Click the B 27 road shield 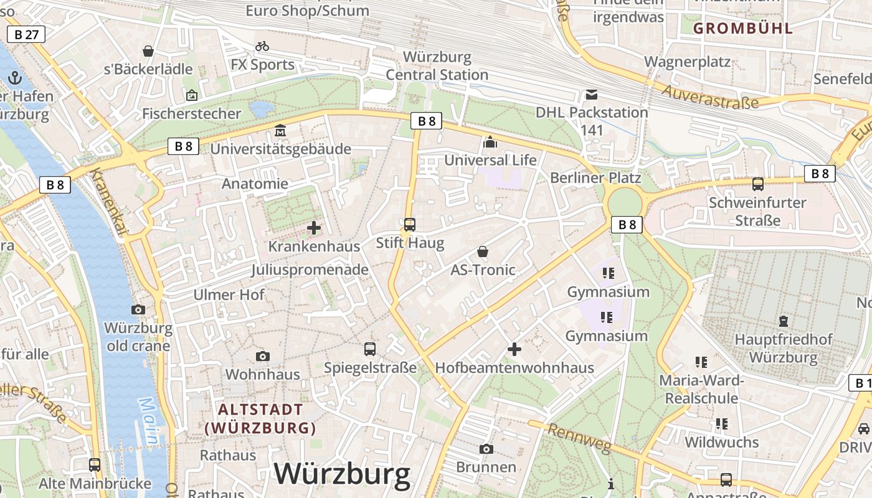[x=26, y=34]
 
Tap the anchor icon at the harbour [x=15, y=78]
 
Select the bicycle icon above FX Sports [x=262, y=46]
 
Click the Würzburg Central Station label [x=437, y=66]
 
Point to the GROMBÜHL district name [x=743, y=28]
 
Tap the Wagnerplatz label [x=687, y=62]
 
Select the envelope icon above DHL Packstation [x=591, y=95]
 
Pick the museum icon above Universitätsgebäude [x=280, y=131]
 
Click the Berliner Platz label [x=595, y=178]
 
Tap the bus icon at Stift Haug [x=410, y=225]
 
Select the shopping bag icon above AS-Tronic [x=483, y=251]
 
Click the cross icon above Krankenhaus [x=314, y=228]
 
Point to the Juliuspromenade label [x=310, y=270]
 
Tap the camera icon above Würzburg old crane [x=138, y=309]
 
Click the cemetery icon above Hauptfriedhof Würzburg [x=783, y=321]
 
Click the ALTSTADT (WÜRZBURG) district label [x=260, y=419]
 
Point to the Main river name [x=148, y=421]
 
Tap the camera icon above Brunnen [x=486, y=449]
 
